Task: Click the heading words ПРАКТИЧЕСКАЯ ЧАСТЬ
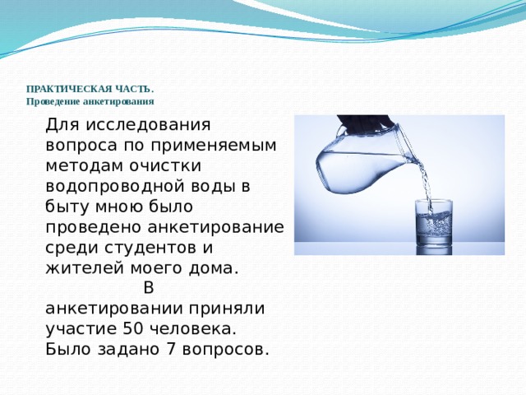[89, 89]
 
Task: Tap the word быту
[65, 207]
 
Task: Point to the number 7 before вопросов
[168, 348]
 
